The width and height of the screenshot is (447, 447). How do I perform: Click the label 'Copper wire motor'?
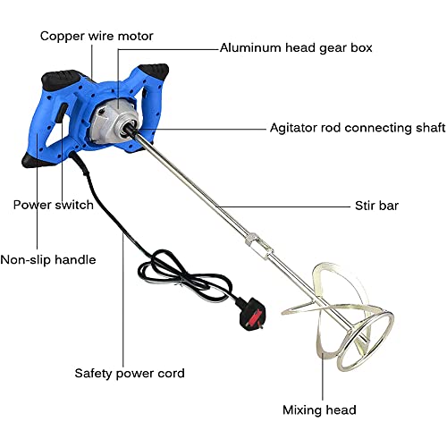pyautogui.click(x=97, y=37)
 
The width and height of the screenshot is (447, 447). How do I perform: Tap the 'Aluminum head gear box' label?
pyautogui.click(x=296, y=46)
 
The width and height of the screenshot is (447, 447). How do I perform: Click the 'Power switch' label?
pyautogui.click(x=54, y=205)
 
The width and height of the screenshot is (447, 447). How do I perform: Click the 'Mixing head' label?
pyautogui.click(x=320, y=410)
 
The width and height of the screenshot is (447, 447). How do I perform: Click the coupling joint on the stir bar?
pyautogui.click(x=253, y=240)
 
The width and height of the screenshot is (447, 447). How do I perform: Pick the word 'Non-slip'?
pyautogui.click(x=28, y=260)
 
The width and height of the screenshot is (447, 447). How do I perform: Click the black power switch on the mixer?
pyautogui.click(x=63, y=116)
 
